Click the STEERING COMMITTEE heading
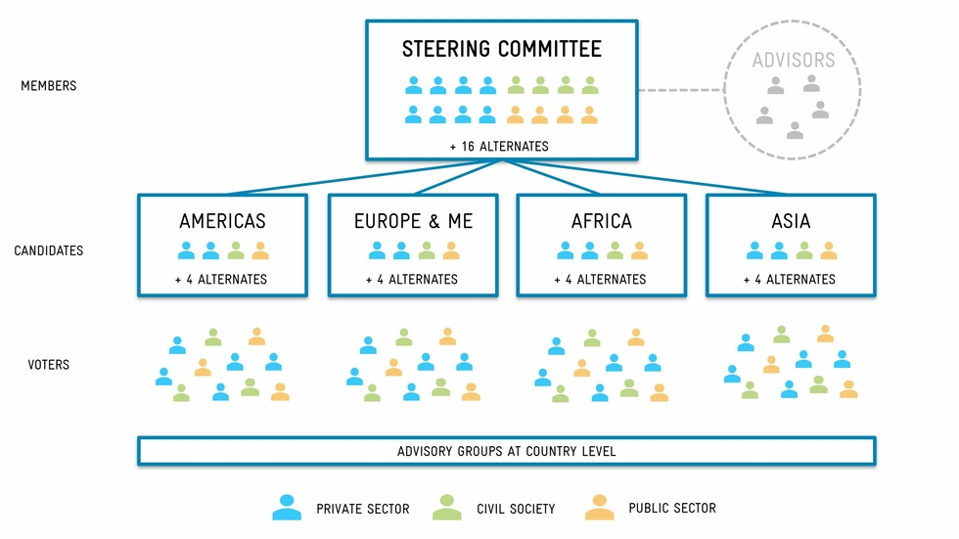click(501, 49)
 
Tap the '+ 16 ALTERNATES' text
click(499, 146)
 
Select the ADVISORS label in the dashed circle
click(793, 61)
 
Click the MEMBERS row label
click(48, 86)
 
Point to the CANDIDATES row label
click(48, 251)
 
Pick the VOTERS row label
click(48, 365)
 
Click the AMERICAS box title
click(222, 221)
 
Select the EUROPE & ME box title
click(413, 221)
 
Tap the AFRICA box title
click(601, 221)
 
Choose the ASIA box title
click(791, 221)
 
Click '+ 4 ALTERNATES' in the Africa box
click(600, 279)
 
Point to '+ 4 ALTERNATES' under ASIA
click(790, 279)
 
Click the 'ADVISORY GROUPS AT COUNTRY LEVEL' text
click(506, 451)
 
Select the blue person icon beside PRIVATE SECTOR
click(287, 507)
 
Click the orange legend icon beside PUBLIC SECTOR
click(599, 507)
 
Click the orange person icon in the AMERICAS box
click(260, 250)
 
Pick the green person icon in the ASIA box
click(804, 250)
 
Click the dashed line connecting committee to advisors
click(681, 90)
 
